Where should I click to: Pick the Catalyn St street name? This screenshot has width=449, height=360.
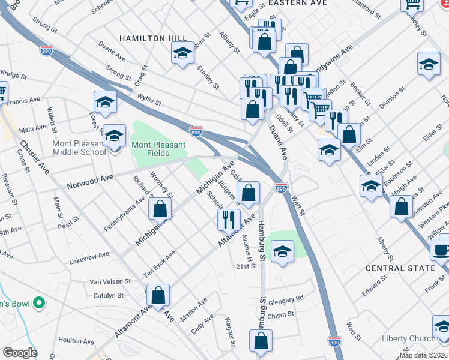pyautogui.click(x=108, y=295)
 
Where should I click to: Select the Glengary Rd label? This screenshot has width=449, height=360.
pyautogui.click(x=286, y=298)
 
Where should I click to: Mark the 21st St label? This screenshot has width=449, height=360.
pyautogui.click(x=246, y=266)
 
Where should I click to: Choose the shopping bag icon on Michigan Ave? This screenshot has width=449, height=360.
pyautogui.click(x=160, y=209)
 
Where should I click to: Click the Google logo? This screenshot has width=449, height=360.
pyautogui.click(x=20, y=352)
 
